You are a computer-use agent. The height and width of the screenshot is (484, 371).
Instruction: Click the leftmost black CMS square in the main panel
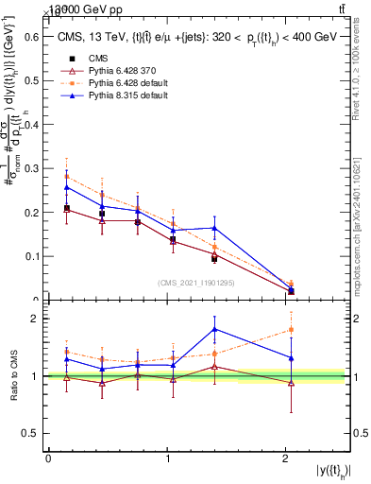[66, 208]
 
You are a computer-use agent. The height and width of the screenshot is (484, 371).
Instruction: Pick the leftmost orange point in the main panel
[66, 177]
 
